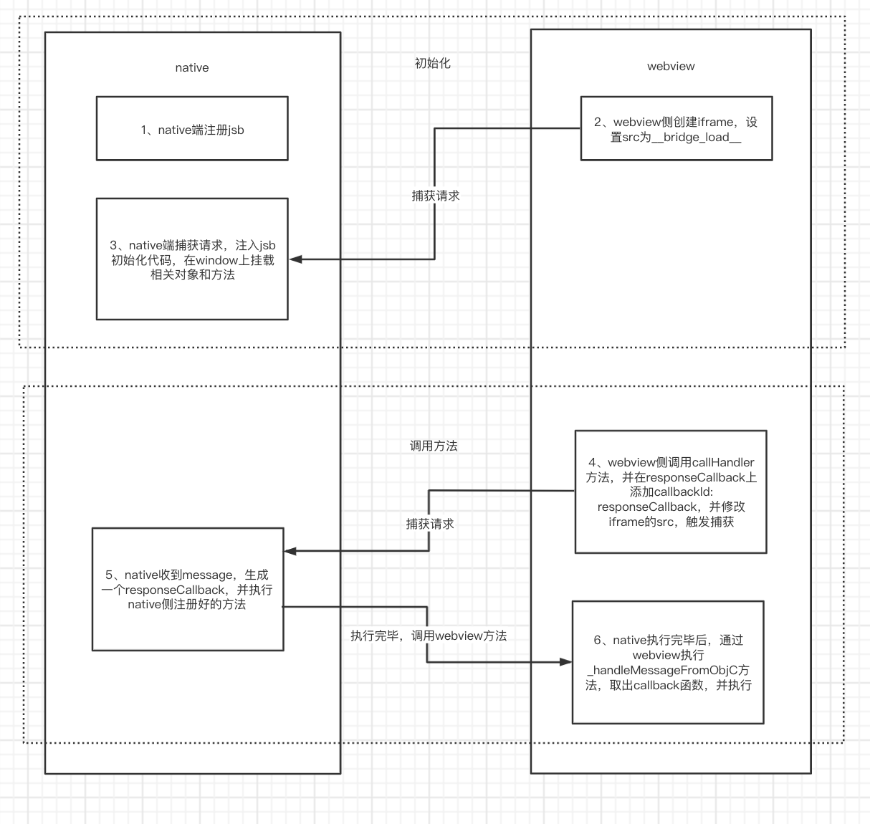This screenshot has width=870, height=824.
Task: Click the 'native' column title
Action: [x=192, y=68]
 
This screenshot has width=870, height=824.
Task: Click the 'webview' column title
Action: [x=671, y=67]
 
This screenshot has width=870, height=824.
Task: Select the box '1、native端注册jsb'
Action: [x=192, y=129]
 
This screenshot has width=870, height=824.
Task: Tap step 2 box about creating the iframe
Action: [x=676, y=129]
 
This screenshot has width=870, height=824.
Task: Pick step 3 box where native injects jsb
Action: [x=192, y=259]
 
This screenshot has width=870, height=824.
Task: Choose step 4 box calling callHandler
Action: [x=671, y=492]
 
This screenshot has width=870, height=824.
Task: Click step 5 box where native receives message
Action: [x=188, y=589]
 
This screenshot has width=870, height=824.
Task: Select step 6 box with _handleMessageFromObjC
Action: [x=668, y=662]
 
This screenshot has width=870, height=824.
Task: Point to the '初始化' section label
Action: [x=433, y=63]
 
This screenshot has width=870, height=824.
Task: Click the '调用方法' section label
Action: [x=434, y=446]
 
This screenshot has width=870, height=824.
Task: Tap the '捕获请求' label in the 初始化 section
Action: [x=436, y=196]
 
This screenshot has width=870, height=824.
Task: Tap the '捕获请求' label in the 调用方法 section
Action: [x=430, y=524]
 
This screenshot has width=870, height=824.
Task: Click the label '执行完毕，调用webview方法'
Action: [x=429, y=636]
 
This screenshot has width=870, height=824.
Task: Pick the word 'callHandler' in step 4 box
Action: [x=723, y=462]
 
